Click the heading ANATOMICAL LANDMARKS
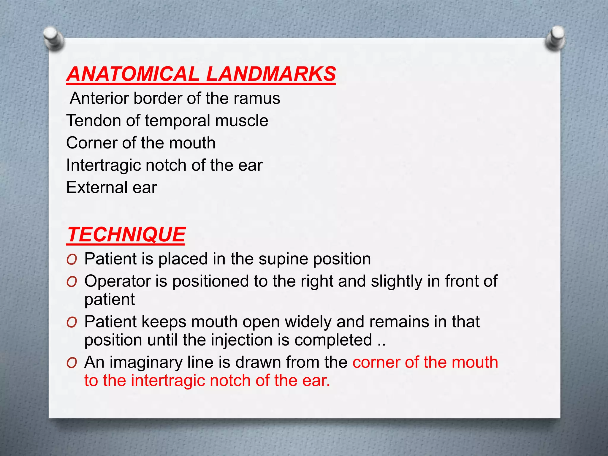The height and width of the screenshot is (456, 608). [x=201, y=74]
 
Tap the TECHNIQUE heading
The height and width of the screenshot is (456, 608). [x=126, y=235]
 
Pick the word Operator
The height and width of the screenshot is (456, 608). [x=117, y=281]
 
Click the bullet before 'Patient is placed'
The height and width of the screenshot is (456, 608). [x=72, y=259]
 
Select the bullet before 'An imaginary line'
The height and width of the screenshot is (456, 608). [x=72, y=363]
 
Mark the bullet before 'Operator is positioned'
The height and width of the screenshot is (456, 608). [x=72, y=282]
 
